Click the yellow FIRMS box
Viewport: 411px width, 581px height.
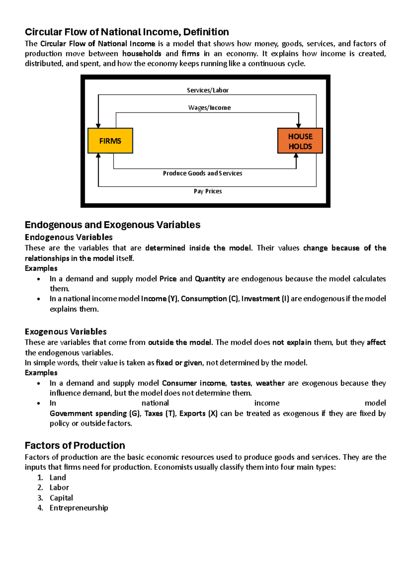(110, 141)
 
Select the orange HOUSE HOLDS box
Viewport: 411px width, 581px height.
(300, 141)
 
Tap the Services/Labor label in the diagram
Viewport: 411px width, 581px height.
(208, 90)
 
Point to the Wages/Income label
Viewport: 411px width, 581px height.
(209, 108)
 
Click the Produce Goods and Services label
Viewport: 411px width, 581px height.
(202, 173)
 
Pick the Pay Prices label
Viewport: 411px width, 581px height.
(208, 191)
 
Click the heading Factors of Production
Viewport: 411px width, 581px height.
(75, 445)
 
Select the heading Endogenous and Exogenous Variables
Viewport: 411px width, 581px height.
(112, 225)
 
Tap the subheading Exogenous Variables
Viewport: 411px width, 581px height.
(65, 332)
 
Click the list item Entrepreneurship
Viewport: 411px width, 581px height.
(79, 508)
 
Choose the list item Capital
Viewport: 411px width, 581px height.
(61, 498)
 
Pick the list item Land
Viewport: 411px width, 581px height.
(58, 478)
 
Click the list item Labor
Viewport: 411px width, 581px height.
(59, 487)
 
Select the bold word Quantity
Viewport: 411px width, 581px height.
(210, 279)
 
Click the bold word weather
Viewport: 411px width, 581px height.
(270, 383)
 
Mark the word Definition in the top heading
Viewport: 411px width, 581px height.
(206, 32)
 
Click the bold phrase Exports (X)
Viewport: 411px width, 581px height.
(198, 413)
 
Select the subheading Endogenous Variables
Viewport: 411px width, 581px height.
(68, 237)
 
